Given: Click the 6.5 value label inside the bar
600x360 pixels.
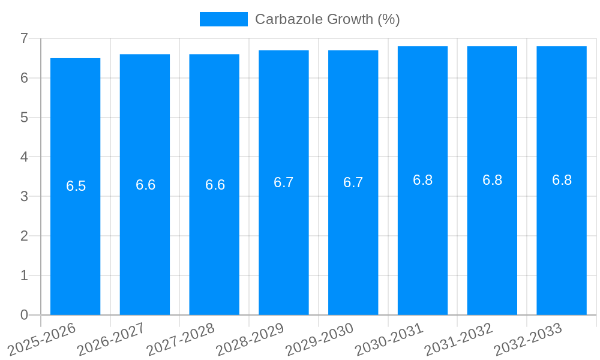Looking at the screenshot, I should pyautogui.click(x=76, y=186).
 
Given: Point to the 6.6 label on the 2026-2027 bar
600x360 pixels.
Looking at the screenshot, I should pyautogui.click(x=145, y=185).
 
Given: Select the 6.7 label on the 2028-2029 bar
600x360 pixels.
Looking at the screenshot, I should pyautogui.click(x=284, y=182).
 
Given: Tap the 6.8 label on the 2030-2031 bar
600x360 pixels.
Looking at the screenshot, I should pyautogui.click(x=422, y=180).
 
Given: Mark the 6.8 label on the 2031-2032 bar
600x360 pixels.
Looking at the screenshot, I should pyautogui.click(x=492, y=180).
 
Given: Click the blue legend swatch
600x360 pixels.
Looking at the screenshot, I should pyautogui.click(x=223, y=19).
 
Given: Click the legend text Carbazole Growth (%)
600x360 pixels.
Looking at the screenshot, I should pyautogui.click(x=327, y=19).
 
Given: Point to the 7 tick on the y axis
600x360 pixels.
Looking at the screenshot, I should pyautogui.click(x=24, y=38).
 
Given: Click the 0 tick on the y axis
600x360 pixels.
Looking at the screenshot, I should pyautogui.click(x=24, y=315).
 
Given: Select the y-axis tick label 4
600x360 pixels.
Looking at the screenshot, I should pyautogui.click(x=24, y=157).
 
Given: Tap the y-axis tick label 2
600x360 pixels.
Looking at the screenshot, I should pyautogui.click(x=24, y=236).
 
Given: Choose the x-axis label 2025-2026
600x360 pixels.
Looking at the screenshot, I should pyautogui.click(x=42, y=339).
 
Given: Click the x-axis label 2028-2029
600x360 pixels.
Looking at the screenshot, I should pyautogui.click(x=250, y=339).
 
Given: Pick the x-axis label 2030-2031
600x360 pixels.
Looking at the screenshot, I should pyautogui.click(x=389, y=339).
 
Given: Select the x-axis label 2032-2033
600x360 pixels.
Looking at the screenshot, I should pyautogui.click(x=528, y=339).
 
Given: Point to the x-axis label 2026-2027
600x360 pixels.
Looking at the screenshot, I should pyautogui.click(x=112, y=339).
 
